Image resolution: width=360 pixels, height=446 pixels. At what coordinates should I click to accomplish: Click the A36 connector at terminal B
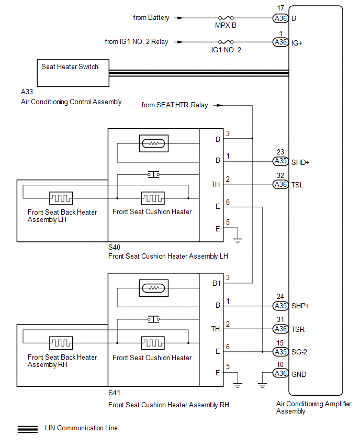tap(281, 18)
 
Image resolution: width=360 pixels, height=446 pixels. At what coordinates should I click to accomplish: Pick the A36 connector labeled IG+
tap(281, 42)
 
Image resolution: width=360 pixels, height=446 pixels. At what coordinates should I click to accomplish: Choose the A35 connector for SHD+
tap(281, 162)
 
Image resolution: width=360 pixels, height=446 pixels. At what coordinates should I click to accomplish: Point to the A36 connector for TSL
tap(281, 184)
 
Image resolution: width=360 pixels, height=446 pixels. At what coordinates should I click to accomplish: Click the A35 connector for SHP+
tap(281, 306)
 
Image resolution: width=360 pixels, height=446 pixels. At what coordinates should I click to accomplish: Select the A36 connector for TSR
tap(281, 329)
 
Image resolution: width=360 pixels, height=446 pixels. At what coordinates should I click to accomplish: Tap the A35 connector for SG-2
tap(281, 352)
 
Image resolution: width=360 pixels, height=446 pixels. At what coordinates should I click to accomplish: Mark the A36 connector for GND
tap(281, 373)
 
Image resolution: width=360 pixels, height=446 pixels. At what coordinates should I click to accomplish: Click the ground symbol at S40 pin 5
tap(239, 240)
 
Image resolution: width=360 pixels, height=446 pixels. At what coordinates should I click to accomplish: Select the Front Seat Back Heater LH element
tap(61, 198)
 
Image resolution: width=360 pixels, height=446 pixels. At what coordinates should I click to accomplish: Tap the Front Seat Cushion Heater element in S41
tap(153, 343)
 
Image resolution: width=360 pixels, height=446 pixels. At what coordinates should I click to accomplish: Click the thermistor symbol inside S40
tap(153, 143)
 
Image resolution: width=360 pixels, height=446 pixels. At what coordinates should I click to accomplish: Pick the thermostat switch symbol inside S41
tap(153, 319)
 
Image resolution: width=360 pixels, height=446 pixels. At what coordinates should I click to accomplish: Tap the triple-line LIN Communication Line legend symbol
tap(27, 429)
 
